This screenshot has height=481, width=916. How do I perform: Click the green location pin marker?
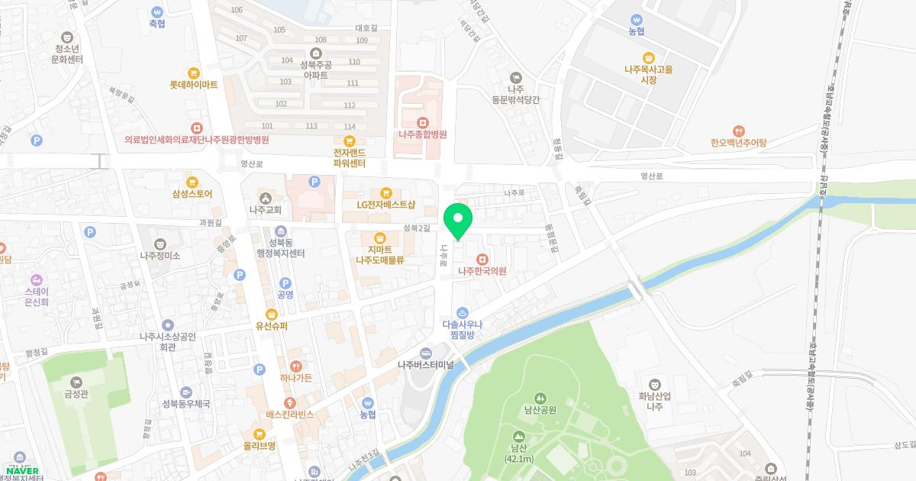(458, 220)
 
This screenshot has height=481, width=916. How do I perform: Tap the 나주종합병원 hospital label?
(422, 134)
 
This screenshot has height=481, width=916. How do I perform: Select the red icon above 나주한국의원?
(482, 258)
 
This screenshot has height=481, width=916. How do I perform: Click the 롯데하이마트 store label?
(194, 85)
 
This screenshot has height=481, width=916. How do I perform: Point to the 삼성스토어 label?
(192, 194)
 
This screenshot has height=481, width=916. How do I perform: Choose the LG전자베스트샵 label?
(385, 204)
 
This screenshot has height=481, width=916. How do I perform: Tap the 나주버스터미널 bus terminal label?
(425, 364)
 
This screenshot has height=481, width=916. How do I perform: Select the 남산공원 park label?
(540, 409)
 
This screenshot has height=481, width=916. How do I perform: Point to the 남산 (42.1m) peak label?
(518, 454)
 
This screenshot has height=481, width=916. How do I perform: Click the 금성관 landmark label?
(76, 396)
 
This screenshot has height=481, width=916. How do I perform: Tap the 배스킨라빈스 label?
(289, 415)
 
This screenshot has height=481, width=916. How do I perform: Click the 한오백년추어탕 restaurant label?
(737, 142)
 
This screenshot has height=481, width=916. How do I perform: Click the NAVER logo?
(22, 470)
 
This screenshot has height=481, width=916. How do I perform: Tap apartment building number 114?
(349, 126)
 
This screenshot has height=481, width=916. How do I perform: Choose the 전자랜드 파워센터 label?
(350, 157)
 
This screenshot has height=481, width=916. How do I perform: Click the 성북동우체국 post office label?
(185, 403)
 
